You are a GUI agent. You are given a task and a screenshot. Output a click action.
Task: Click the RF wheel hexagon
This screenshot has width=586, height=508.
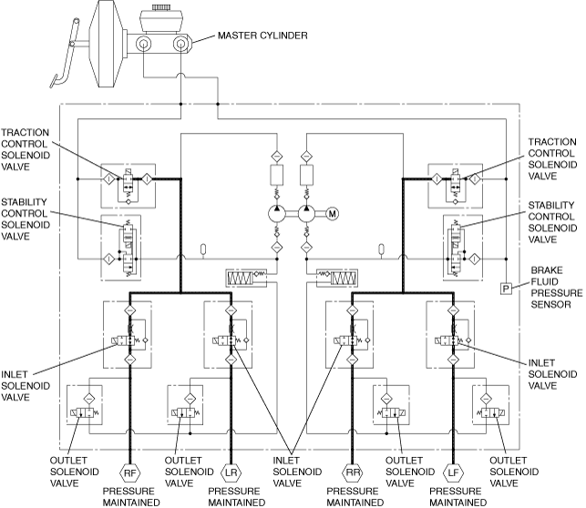[x=129, y=472]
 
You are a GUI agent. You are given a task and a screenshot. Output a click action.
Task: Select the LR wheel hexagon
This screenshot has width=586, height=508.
[x=231, y=472]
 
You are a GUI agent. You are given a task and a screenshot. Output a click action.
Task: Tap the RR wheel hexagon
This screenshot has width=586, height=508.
[x=353, y=472]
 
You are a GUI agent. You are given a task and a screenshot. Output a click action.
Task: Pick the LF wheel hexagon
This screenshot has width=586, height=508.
[x=453, y=472]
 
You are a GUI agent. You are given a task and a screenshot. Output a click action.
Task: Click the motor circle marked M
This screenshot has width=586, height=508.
[x=333, y=214]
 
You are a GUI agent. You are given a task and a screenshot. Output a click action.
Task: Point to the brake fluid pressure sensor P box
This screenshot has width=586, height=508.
[x=506, y=289]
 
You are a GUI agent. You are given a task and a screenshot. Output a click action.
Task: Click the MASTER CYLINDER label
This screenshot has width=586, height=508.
[x=262, y=36]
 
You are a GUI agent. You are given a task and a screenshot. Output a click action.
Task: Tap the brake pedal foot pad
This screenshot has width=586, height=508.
[x=54, y=81]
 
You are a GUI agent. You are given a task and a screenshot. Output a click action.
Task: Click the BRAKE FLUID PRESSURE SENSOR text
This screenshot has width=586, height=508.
[x=556, y=288]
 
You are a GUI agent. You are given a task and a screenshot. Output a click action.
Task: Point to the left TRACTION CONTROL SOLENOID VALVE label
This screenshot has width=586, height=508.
[x=26, y=149]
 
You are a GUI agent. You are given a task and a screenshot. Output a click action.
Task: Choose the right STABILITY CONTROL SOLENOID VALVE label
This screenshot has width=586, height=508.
[x=552, y=222]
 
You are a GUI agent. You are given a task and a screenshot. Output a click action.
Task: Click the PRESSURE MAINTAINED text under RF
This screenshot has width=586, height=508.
[x=131, y=497]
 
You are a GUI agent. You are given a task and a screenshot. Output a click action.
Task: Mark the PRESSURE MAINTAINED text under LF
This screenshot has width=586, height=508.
[x=458, y=497]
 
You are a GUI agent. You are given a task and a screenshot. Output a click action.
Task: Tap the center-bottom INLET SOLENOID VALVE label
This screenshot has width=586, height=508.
[x=297, y=472]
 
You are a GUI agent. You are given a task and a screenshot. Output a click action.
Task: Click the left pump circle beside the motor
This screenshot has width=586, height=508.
[x=277, y=214]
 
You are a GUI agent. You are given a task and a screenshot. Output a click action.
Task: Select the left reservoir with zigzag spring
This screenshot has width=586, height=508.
[x=246, y=278]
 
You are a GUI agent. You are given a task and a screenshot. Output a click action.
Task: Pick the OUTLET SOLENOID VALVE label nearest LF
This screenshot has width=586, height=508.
[x=514, y=472]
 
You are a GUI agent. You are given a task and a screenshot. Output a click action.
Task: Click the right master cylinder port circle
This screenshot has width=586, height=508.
[x=180, y=44]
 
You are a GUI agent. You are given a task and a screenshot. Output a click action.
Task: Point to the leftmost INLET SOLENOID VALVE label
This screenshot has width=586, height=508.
[x=26, y=386]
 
